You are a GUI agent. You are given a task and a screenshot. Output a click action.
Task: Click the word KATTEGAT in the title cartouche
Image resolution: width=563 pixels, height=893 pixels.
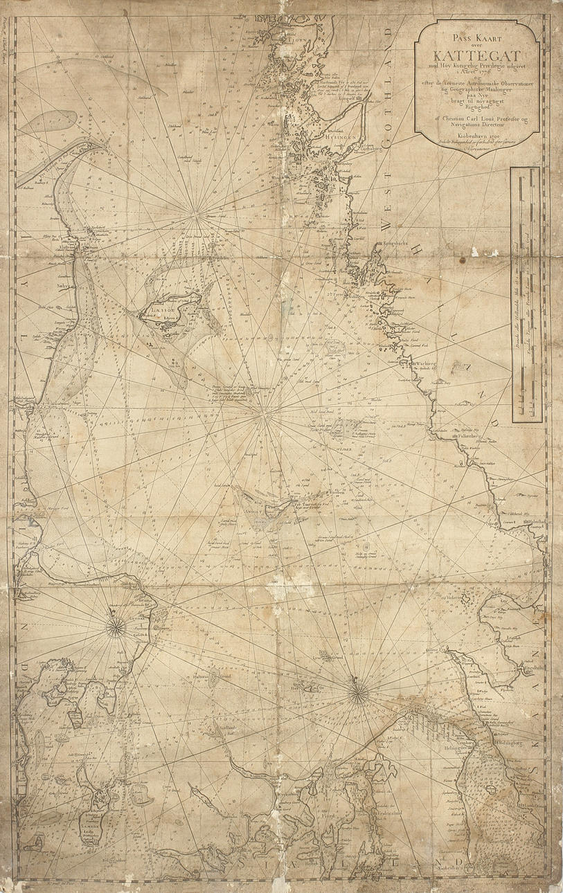coord(478,52)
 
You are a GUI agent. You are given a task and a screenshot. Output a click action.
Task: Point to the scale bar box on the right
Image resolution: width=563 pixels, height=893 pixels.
coord(526,294)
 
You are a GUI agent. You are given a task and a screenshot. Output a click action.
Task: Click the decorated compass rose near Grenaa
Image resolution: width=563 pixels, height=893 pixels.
coord(116,627)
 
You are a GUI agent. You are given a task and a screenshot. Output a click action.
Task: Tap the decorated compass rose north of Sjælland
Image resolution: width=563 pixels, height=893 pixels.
coord(358,693)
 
